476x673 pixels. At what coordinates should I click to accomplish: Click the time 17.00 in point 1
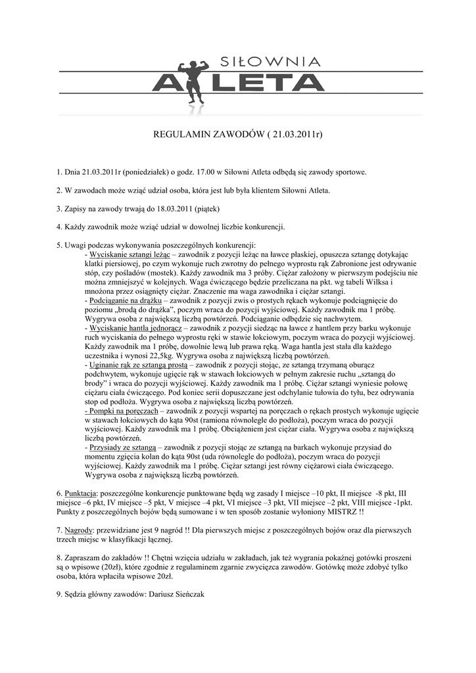pyautogui.click(x=197, y=172)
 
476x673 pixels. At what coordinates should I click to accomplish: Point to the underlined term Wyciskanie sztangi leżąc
pyautogui.click(x=130, y=253)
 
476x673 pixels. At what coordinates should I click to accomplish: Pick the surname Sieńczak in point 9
pyautogui.click(x=188, y=593)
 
